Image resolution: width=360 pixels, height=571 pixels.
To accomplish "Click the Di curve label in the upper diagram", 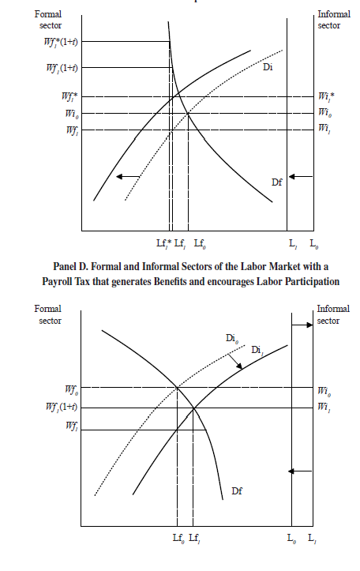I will [x=268, y=69].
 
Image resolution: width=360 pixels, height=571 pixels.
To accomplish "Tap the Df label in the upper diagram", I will [x=276, y=182].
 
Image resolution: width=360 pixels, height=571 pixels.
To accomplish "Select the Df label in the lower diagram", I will [x=236, y=490].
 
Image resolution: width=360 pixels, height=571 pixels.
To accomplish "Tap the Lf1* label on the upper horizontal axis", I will [x=163, y=244].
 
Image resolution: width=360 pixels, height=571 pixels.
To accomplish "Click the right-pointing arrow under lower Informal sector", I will [x=303, y=325].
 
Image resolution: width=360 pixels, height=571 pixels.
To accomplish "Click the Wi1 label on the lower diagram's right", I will [x=324, y=407].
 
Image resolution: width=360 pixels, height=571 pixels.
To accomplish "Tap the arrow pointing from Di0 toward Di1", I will [x=234, y=363].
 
